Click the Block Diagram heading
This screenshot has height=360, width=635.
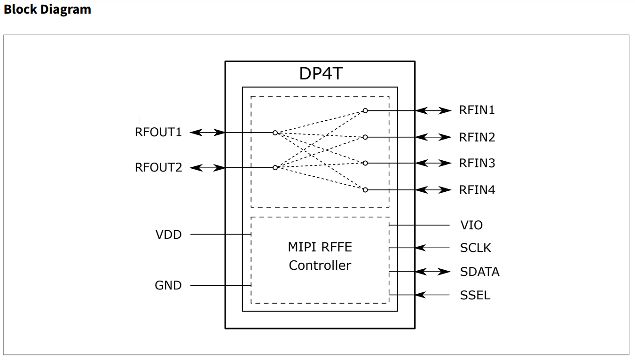click(x=47, y=9)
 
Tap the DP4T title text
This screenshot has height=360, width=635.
click(x=321, y=74)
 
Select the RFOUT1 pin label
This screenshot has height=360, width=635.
click(x=158, y=133)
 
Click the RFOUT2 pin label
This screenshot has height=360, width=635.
click(x=158, y=167)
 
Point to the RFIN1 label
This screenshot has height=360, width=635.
click(x=477, y=111)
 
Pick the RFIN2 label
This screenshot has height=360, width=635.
click(x=477, y=138)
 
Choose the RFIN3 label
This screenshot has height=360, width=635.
click(x=477, y=164)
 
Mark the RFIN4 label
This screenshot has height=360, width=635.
click(x=477, y=190)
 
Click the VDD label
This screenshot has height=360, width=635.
click(x=168, y=235)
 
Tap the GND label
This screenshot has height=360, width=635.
click(x=168, y=285)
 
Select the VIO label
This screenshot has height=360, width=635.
click(x=471, y=226)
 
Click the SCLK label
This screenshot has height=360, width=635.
click(x=476, y=248)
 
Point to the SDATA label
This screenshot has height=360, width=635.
click(x=479, y=272)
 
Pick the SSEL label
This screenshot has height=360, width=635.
click(x=475, y=296)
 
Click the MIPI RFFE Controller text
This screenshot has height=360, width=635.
click(x=320, y=256)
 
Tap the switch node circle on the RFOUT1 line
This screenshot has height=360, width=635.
click(x=275, y=133)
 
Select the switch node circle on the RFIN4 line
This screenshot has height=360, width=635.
click(x=365, y=190)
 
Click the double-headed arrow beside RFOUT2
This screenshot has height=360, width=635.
click(x=207, y=168)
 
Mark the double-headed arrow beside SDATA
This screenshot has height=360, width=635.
click(x=433, y=272)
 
